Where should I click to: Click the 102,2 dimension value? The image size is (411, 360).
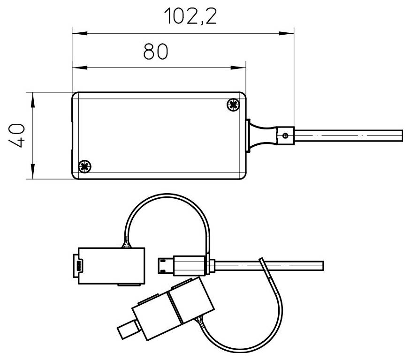pyautogui.click(x=190, y=17)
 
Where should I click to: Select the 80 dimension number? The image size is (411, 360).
pyautogui.click(x=155, y=52)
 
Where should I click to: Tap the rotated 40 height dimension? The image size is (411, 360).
pyautogui.click(x=17, y=136)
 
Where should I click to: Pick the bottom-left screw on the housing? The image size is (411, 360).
pyautogui.click(x=84, y=165)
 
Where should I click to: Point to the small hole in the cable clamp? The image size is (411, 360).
pyautogui.click(x=286, y=136)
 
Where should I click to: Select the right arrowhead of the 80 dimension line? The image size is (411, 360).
pyautogui.click(x=241, y=68)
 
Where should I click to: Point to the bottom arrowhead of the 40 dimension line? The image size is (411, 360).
pyautogui.click(x=32, y=174)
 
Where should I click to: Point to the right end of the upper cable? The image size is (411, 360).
pyautogui.click(x=401, y=136)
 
